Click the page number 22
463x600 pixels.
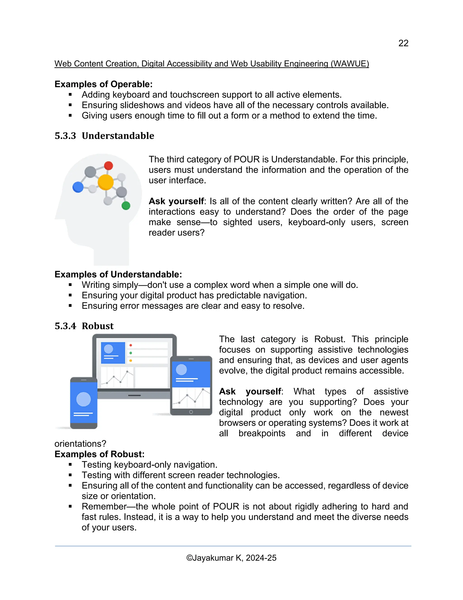(403, 43)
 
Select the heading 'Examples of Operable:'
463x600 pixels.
(103, 84)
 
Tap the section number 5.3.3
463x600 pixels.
(65, 136)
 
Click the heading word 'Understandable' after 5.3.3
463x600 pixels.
(118, 136)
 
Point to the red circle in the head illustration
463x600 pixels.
(109, 166)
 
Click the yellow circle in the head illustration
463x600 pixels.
(106, 182)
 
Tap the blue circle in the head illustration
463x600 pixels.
(78, 187)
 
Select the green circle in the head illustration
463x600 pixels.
(126, 206)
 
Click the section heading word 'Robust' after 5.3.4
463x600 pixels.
(98, 326)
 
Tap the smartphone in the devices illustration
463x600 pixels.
(84, 403)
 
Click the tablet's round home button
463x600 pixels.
(191, 412)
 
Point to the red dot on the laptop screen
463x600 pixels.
(131, 345)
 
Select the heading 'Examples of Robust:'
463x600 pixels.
(99, 454)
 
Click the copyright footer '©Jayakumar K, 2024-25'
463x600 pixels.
(231, 558)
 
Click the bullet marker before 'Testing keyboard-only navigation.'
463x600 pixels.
(70, 465)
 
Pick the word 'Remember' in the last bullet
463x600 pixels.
(104, 506)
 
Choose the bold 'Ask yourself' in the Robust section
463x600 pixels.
(250, 391)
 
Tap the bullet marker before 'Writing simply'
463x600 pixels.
(70, 285)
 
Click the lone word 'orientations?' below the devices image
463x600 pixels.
(80, 444)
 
